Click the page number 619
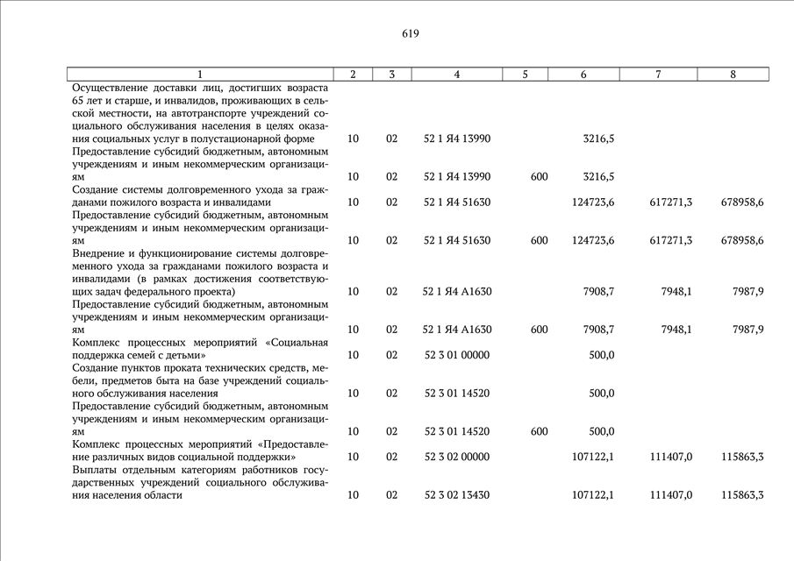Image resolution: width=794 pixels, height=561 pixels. tap(411, 34)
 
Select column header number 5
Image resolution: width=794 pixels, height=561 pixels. tap(525, 75)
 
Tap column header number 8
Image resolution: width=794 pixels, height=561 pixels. tap(733, 75)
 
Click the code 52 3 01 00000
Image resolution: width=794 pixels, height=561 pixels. tap(456, 355)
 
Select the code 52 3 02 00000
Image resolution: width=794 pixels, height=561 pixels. tap(456, 457)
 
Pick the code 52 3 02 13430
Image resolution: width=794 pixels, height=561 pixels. tap(456, 495)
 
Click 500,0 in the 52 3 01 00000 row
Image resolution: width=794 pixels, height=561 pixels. tap(601, 355)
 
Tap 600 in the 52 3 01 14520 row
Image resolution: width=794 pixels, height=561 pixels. tap(539, 431)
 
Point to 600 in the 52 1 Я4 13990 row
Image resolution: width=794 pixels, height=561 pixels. tap(539, 177)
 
